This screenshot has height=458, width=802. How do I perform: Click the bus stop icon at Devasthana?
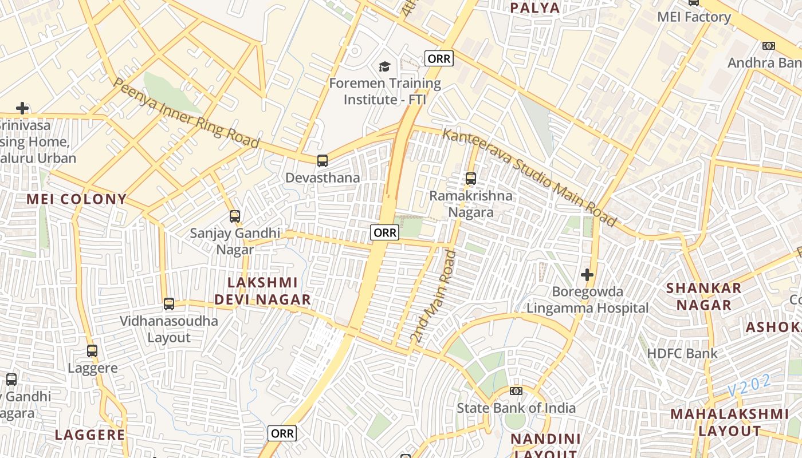(323, 161)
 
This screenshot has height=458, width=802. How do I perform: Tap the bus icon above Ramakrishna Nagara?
(471, 179)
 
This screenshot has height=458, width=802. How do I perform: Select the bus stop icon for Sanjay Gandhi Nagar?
(235, 216)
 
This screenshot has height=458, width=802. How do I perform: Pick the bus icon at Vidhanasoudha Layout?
(169, 304)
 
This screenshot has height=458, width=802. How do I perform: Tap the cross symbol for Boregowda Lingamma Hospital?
(587, 275)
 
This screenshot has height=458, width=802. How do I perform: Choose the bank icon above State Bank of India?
(516, 391)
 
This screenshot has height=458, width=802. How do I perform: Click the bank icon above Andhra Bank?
(769, 46)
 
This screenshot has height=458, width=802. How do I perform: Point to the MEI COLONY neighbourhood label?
(77, 199)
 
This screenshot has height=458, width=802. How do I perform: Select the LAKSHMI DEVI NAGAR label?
(263, 291)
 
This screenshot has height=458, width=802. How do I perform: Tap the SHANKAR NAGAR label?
(704, 296)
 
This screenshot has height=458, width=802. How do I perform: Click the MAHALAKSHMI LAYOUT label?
(730, 422)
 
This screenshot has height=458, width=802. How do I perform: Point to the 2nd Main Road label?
(433, 297)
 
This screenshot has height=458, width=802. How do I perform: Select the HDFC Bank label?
(682, 353)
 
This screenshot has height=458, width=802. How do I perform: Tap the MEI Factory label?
(694, 17)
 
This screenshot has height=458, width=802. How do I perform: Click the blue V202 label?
(749, 385)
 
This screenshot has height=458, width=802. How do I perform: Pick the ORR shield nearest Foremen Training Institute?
(439, 58)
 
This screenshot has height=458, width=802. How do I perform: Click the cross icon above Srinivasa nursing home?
(22, 108)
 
